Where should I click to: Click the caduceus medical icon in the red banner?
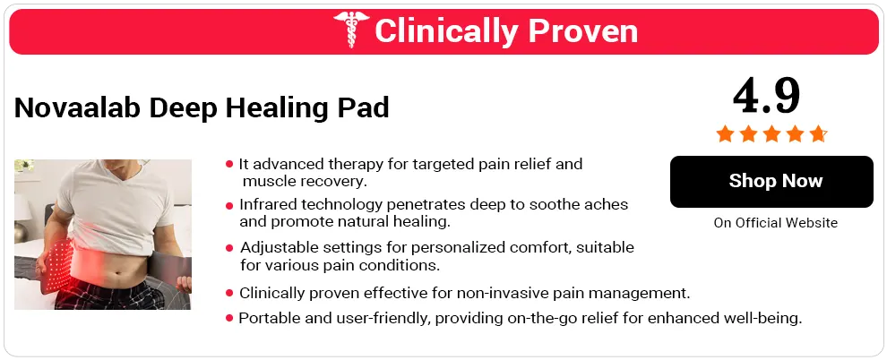tap(349, 31)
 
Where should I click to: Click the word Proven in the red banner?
tap(582, 31)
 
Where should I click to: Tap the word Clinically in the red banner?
tap(446, 31)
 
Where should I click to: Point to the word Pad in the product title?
tap(368, 108)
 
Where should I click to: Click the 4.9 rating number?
tap(766, 94)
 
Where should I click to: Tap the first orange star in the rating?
tap(724, 134)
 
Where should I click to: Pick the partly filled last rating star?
tap(817, 134)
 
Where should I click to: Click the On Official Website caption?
tap(775, 223)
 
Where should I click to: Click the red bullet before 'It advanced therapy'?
tap(229, 165)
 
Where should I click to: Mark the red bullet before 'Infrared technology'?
tap(229, 205)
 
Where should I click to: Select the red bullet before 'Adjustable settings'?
tap(229, 247)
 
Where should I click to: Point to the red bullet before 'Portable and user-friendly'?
tap(229, 318)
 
